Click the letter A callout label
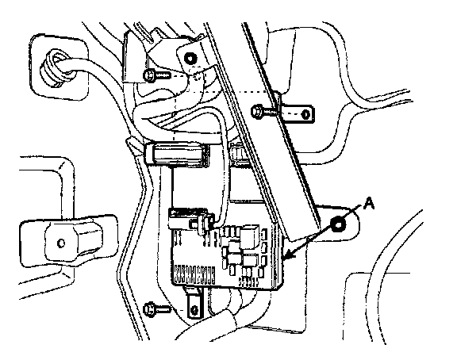tap(369, 203)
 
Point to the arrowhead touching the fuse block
tap(288, 255)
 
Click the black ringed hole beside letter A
tap(338, 224)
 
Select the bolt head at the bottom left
tap(149, 308)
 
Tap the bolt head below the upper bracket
tap(149, 76)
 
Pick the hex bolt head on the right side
tap(257, 112)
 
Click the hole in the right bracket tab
tap(305, 114)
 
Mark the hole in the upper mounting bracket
tap(190, 58)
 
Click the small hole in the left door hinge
tap(61, 243)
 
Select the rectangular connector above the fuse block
tap(177, 155)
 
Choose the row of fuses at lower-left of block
tap(194, 274)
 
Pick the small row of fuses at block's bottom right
tap(248, 281)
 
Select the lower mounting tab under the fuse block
tap(193, 303)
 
